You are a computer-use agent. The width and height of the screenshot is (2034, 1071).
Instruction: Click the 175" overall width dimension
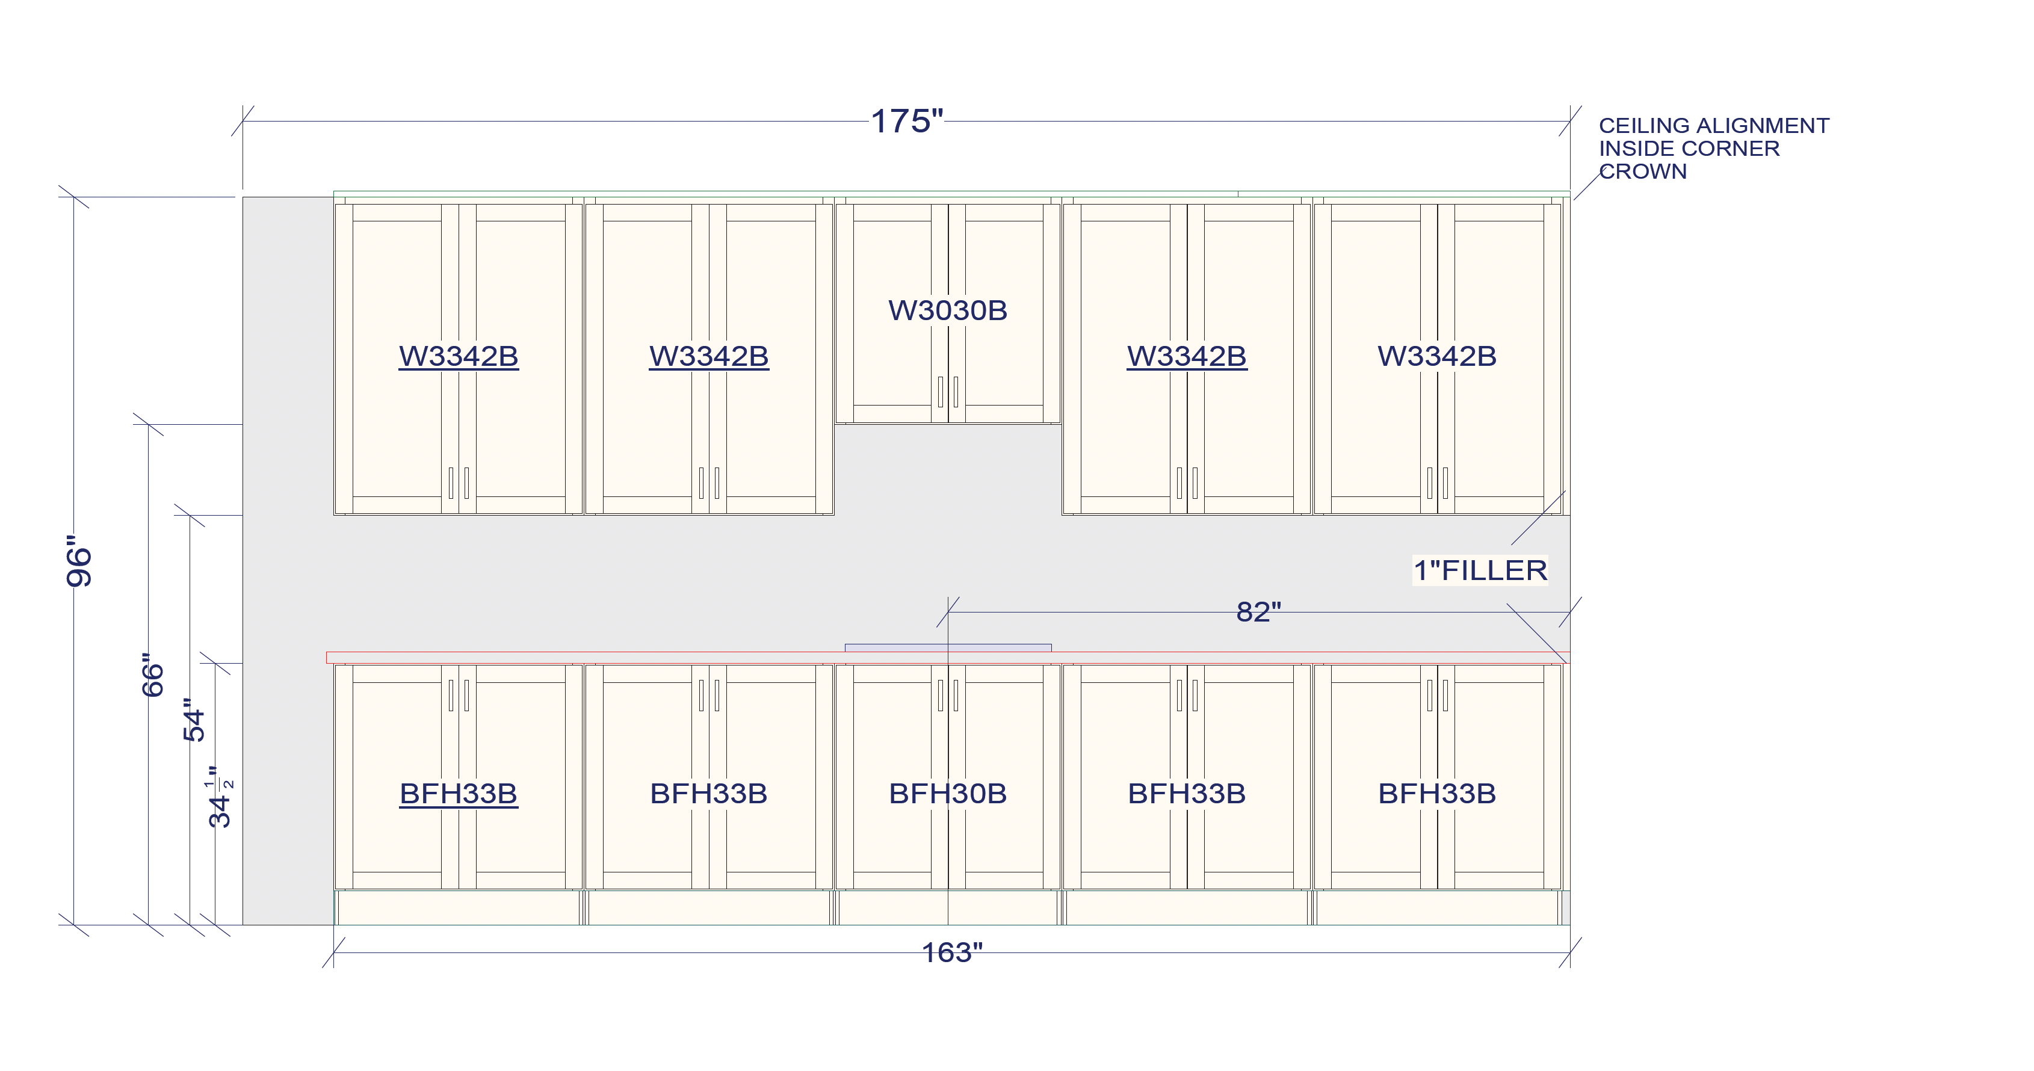pyautogui.click(x=906, y=122)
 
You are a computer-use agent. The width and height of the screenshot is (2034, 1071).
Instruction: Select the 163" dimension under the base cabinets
pyautogui.click(x=951, y=952)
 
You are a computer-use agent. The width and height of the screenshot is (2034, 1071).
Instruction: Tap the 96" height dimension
pyautogui.click(x=79, y=561)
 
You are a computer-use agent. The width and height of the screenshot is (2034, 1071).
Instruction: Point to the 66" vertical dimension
pyautogui.click(x=152, y=675)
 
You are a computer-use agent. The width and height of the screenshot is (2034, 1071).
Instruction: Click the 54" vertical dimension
pyautogui.click(x=193, y=719)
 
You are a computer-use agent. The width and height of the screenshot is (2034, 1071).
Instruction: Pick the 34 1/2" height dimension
pyautogui.click(x=220, y=797)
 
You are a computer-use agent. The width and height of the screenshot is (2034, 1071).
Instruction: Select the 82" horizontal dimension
pyautogui.click(x=1258, y=612)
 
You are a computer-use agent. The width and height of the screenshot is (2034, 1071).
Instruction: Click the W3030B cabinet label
pyautogui.click(x=948, y=310)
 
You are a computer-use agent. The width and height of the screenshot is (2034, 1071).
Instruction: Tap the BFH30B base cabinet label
pyautogui.click(x=948, y=793)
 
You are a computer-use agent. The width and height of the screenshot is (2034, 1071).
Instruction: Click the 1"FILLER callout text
pyautogui.click(x=1480, y=570)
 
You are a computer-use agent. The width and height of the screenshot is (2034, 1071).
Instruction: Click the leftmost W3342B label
pyautogui.click(x=459, y=356)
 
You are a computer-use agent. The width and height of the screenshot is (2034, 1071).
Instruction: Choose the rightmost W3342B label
pyautogui.click(x=1437, y=356)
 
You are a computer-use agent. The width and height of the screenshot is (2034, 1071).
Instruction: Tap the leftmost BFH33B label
pyautogui.click(x=459, y=793)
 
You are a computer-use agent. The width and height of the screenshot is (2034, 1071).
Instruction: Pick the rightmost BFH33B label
pyautogui.click(x=1437, y=793)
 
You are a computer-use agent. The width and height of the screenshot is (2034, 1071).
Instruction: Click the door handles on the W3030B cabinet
pyautogui.click(x=948, y=392)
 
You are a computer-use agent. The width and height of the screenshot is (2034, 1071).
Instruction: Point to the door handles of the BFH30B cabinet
pyautogui.click(x=948, y=696)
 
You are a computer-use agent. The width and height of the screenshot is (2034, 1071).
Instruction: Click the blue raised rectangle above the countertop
pyautogui.click(x=948, y=648)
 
